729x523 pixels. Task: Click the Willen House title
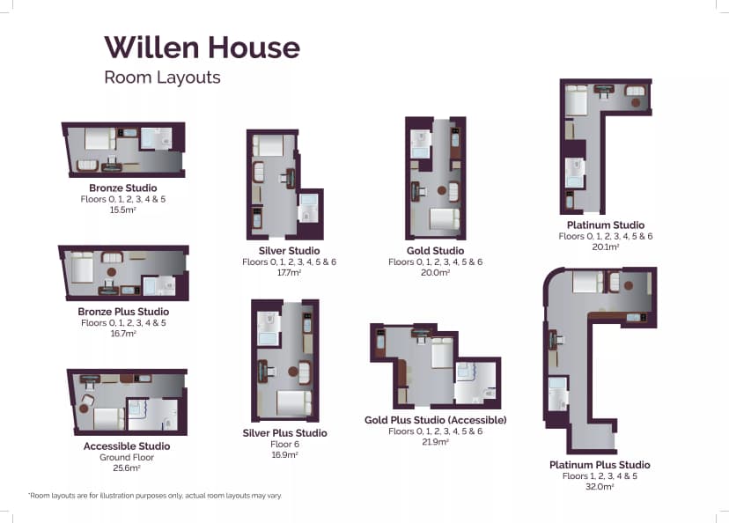pos(202,47)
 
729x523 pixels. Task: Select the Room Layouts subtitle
pos(162,77)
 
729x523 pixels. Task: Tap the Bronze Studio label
pos(123,188)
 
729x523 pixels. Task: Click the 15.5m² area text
pos(123,210)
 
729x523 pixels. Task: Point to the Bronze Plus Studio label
pos(123,312)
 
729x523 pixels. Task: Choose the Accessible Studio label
pos(127,446)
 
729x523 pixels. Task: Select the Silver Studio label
pos(283,251)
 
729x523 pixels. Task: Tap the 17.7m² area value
pos(283,274)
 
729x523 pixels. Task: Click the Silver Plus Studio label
pos(284,433)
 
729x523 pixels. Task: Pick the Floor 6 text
pos(284,445)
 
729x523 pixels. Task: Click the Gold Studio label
pos(435,251)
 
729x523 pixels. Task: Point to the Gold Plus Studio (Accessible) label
pos(435,420)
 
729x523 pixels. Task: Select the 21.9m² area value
pos(435,442)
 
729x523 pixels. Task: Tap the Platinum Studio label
pos(606,225)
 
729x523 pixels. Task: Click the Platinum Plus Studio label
pos(600,465)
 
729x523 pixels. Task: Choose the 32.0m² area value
pos(600,487)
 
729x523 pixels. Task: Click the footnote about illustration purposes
pos(155,497)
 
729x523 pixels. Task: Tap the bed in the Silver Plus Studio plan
pos(293,402)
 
